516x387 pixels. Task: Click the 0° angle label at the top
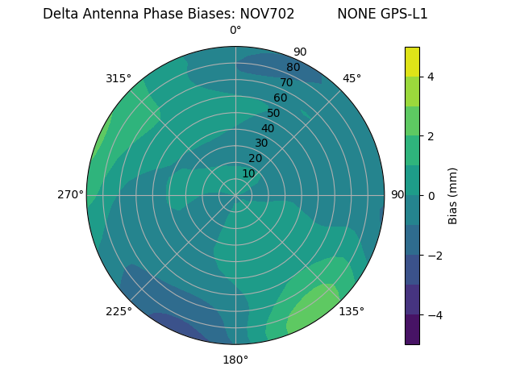click(235, 31)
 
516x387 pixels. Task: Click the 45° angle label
click(352, 78)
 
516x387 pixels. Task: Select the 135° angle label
click(352, 311)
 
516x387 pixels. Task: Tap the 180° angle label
click(235, 360)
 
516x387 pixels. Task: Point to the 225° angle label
click(119, 311)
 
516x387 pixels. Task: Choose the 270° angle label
click(70, 194)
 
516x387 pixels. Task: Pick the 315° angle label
click(119, 78)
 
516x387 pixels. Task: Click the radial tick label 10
click(248, 173)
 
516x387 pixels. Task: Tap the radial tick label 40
click(268, 128)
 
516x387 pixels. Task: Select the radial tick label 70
click(286, 82)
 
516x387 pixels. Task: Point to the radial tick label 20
click(255, 158)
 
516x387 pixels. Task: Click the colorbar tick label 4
click(431, 77)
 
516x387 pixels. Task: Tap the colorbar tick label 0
click(431, 196)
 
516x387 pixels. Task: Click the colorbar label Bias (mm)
click(453, 195)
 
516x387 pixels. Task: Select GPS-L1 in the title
click(402, 14)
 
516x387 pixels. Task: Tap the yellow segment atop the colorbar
click(412, 62)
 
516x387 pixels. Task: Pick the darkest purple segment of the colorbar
click(412, 329)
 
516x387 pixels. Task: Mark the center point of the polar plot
click(235, 195)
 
